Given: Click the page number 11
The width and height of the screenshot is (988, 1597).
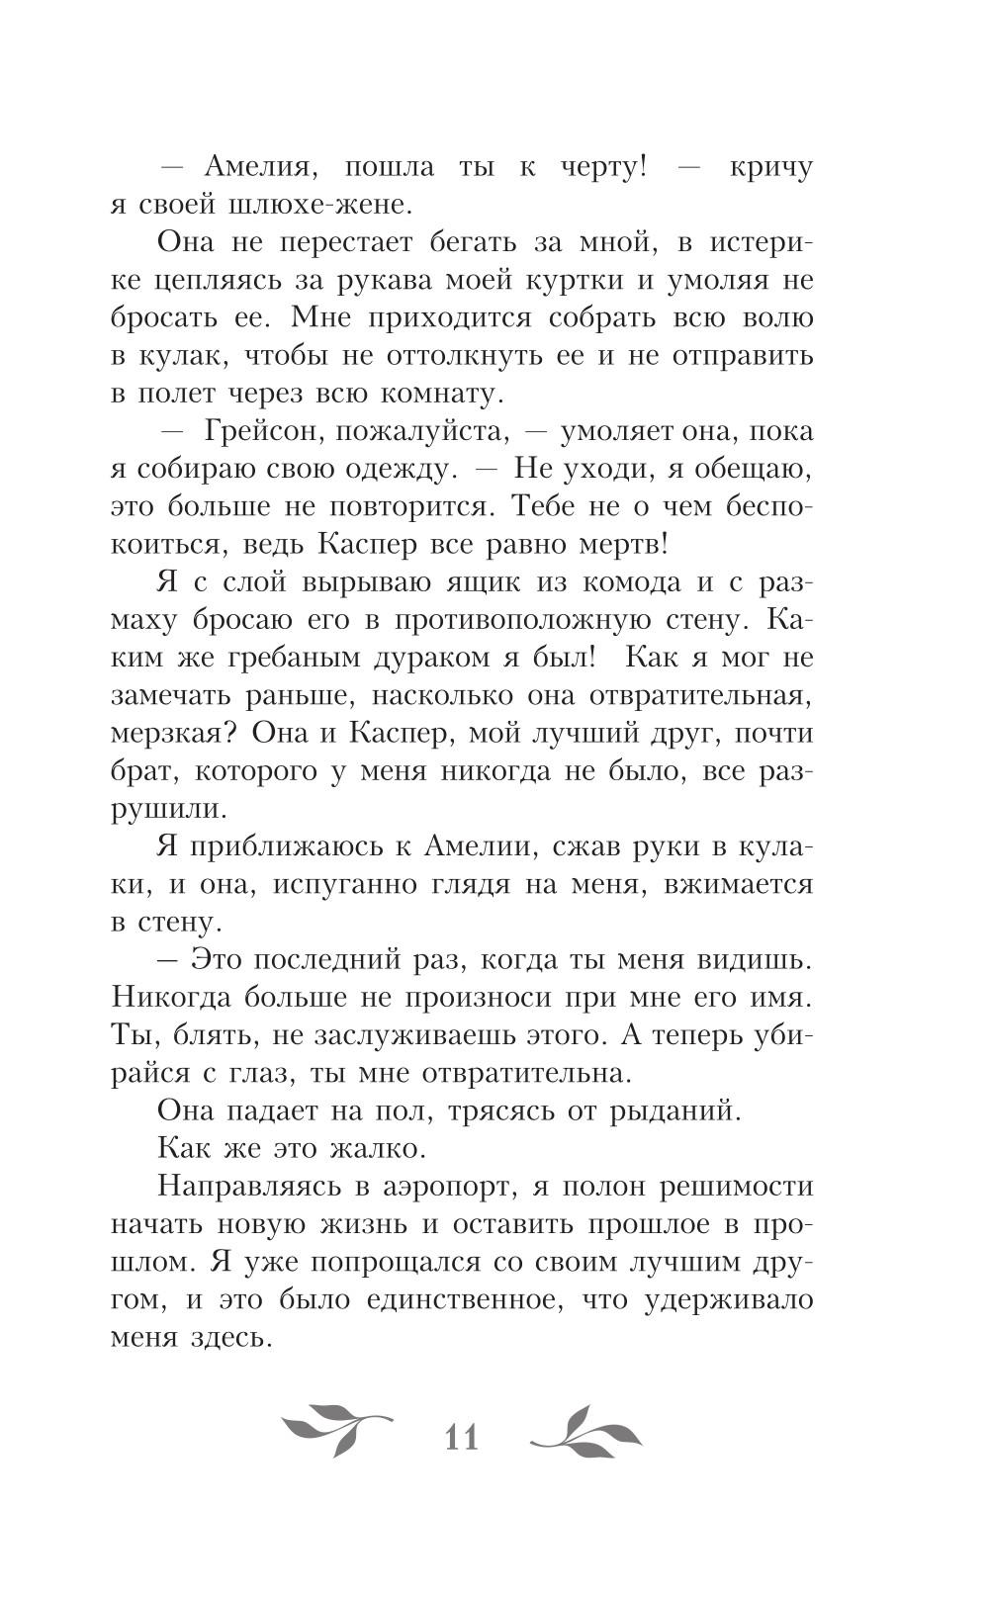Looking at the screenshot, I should click(462, 1436).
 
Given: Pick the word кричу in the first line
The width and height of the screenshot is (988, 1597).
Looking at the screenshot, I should click(770, 167).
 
